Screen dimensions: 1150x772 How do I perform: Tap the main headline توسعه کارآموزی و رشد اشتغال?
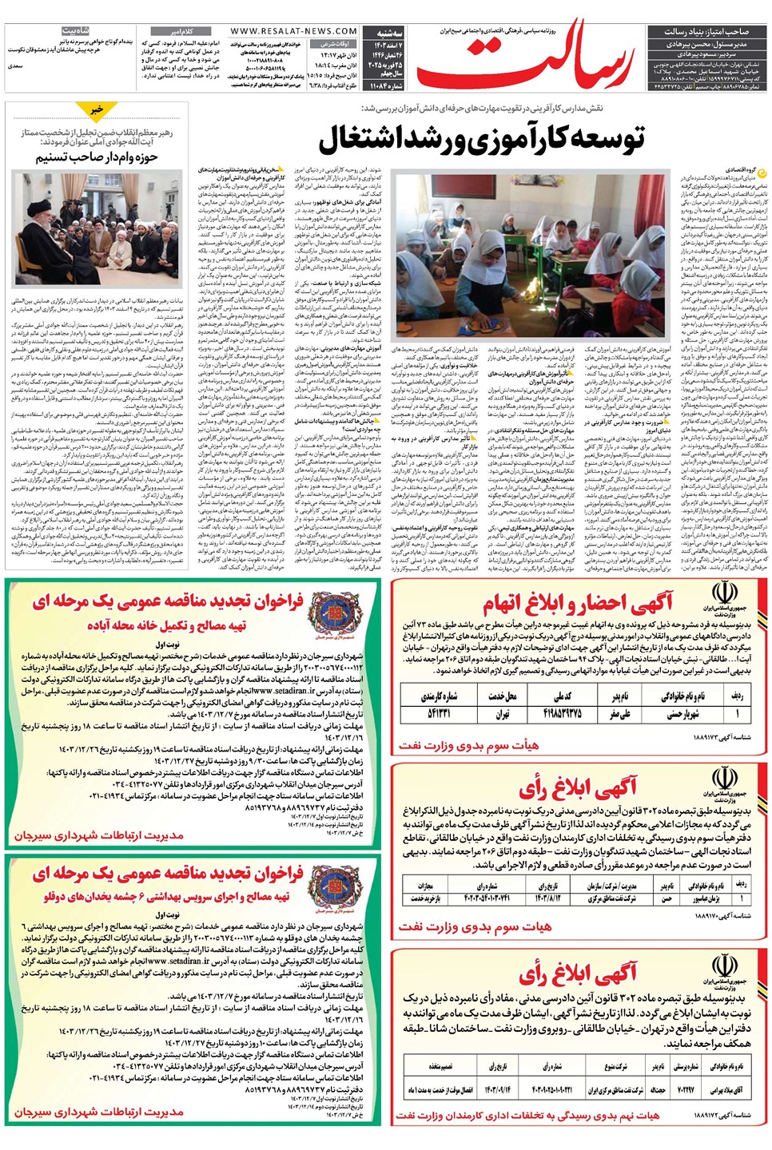tap(482, 140)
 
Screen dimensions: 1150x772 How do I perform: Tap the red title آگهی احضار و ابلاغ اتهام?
tap(588, 601)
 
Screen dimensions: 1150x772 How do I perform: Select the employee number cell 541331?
tap(439, 713)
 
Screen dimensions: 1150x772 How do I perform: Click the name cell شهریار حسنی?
tap(682, 713)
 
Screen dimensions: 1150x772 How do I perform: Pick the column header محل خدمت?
tap(501, 696)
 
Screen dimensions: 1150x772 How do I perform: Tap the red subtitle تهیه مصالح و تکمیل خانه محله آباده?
tap(167, 625)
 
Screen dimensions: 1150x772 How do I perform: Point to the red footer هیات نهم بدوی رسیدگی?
tap(527, 1115)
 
